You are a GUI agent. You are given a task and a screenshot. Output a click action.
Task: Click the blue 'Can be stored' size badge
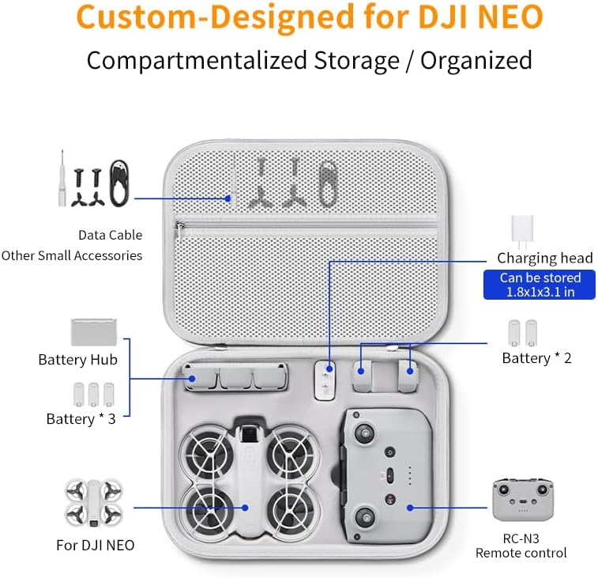pos(540,285)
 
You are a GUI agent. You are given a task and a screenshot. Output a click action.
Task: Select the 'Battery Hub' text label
pos(77,360)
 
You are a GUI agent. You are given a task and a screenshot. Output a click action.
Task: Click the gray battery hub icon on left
pos(94,331)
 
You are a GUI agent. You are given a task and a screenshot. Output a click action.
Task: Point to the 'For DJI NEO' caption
pos(95,545)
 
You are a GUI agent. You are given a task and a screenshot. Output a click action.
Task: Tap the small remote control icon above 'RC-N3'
pos(523,500)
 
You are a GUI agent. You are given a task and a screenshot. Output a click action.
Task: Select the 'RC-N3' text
pos(521,538)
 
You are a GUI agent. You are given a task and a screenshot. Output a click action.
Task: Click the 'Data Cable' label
pos(110,235)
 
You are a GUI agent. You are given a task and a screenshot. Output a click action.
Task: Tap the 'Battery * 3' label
pos(81,419)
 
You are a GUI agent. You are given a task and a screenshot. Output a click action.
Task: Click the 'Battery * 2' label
pos(536,358)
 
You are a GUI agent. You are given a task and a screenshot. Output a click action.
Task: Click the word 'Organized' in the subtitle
pos(476,60)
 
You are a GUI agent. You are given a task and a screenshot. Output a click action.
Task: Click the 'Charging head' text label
pos(544,258)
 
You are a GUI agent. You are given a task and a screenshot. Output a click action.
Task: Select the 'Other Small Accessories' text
pos(72,255)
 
